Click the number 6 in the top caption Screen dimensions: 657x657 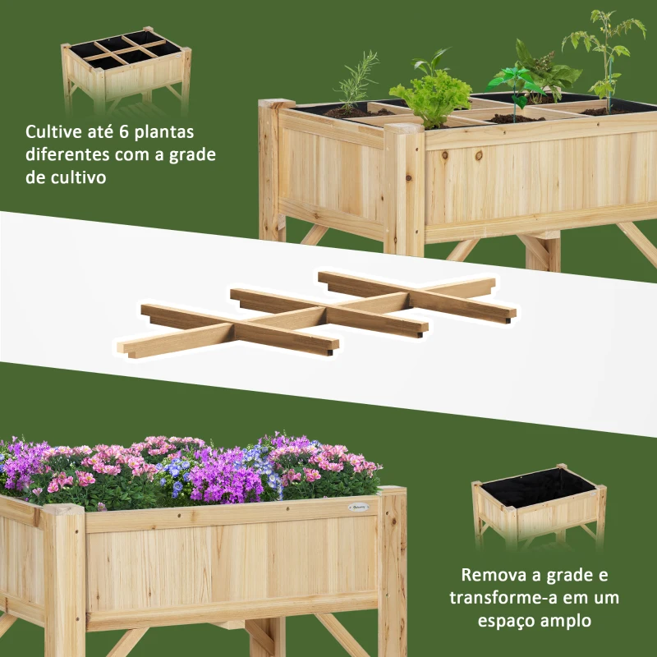point(124,131)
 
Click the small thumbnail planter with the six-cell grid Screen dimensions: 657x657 point(126,71)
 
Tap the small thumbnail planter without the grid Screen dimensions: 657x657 point(539,506)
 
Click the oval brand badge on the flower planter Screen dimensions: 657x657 point(358,507)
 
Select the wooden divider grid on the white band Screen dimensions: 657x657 point(317,315)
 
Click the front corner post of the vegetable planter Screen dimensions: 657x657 point(404,189)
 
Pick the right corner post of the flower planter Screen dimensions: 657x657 point(393,571)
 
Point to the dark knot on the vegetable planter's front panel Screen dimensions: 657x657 point(444,156)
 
